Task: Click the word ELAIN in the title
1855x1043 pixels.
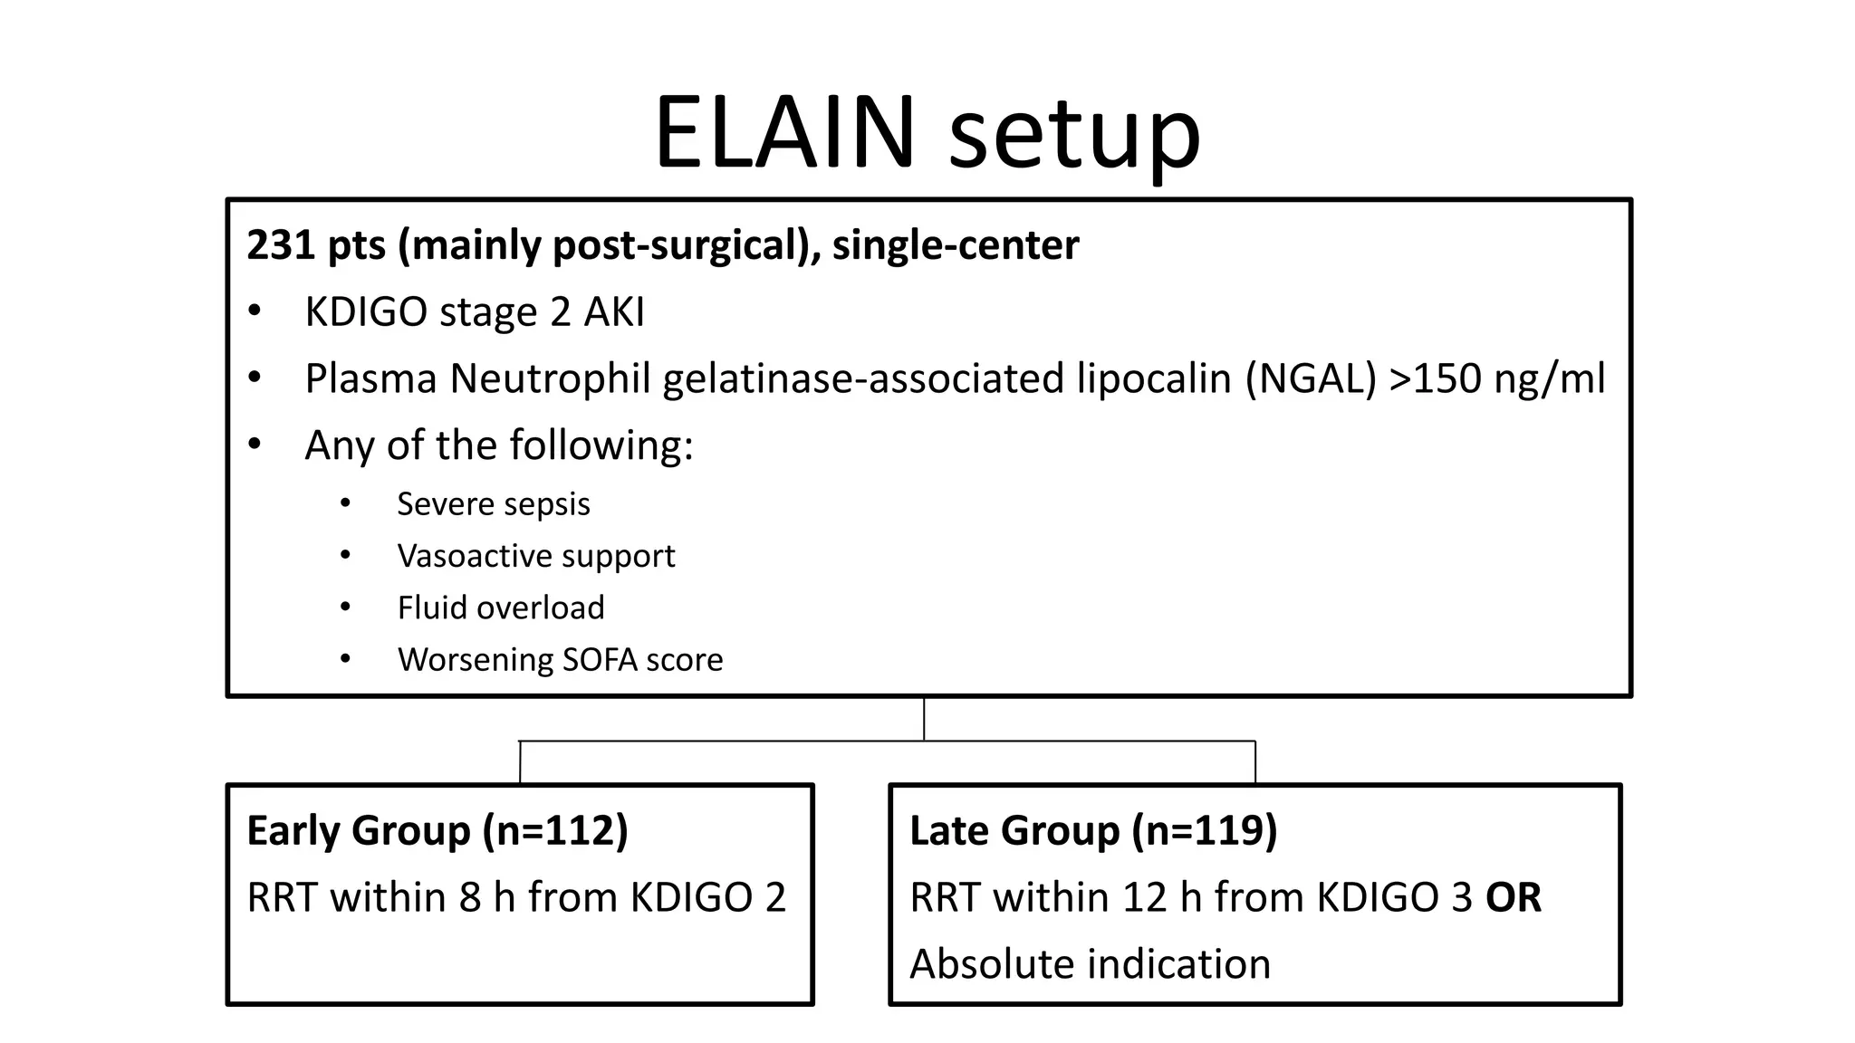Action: pos(784,133)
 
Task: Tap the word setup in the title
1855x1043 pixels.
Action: pos(1074,136)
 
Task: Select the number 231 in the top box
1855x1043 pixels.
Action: pos(280,245)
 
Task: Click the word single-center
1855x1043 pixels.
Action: pos(956,245)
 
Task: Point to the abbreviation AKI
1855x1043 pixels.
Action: pos(614,312)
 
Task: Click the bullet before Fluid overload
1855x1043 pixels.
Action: pos(345,608)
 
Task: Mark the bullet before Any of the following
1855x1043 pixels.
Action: pos(255,445)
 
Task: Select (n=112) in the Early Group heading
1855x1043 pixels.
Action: pos(555,831)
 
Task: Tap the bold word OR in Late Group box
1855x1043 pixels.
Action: pos(1513,897)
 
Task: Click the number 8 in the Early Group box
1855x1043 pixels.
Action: pos(470,897)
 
